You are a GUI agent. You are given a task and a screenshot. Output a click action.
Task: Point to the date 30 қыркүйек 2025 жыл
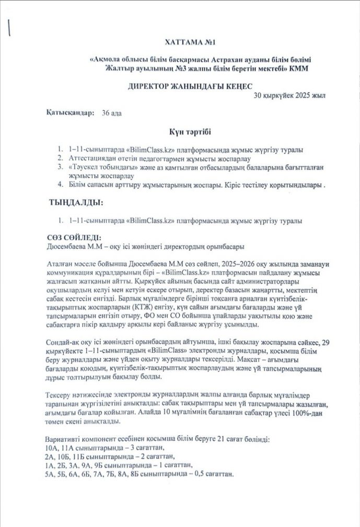click(x=297, y=96)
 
